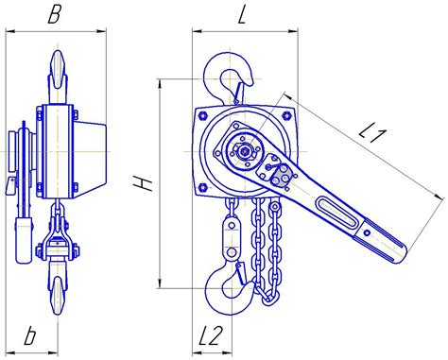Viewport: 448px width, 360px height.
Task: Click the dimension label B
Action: pyautogui.click(x=54, y=14)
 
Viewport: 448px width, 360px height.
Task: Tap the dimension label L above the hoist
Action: pyautogui.click(x=242, y=15)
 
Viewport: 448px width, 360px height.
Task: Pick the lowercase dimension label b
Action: pyautogui.click(x=30, y=336)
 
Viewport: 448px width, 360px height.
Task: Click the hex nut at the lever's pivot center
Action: pyautogui.click(x=244, y=151)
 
